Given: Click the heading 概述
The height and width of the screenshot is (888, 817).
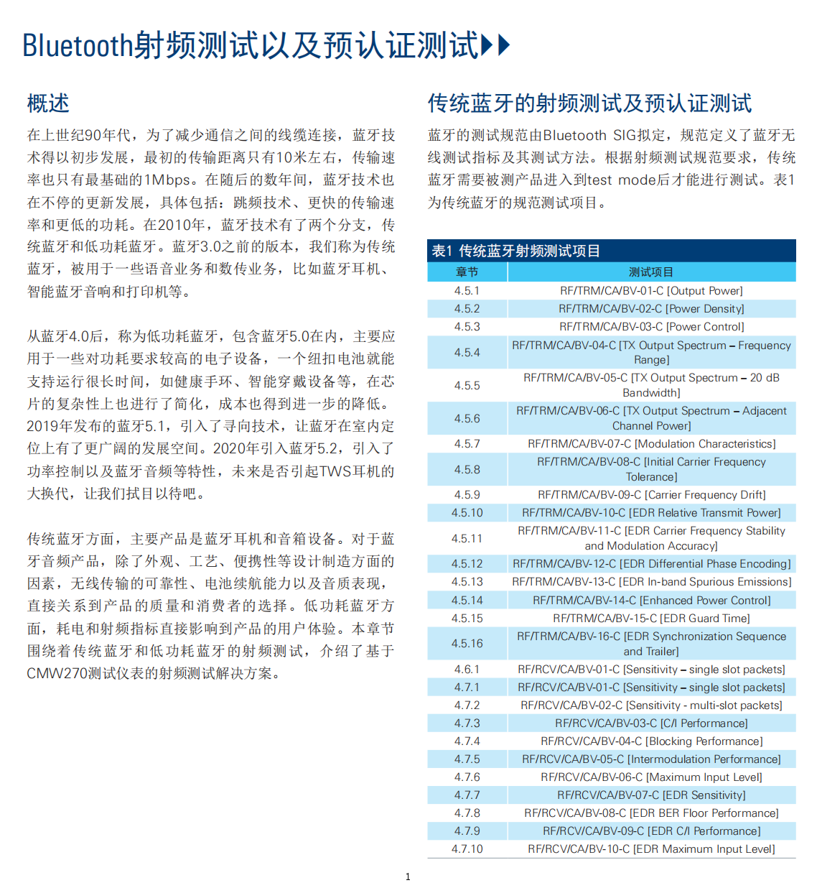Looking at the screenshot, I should (48, 103).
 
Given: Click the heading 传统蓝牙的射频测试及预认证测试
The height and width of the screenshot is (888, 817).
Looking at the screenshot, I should (589, 103).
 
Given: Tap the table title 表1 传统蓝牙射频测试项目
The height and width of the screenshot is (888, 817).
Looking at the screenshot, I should (515, 251).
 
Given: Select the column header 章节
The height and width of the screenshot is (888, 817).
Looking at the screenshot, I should (467, 272).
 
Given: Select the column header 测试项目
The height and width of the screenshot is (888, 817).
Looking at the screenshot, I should (651, 272).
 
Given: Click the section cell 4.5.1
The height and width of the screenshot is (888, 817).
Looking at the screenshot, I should (467, 291).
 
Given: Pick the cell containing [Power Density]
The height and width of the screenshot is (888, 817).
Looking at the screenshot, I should (651, 309).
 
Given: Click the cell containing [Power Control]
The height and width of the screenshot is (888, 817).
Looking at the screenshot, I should (651, 327).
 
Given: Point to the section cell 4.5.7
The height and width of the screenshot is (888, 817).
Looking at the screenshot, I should (467, 444).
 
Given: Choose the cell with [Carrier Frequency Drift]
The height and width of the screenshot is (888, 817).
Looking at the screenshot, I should (651, 495).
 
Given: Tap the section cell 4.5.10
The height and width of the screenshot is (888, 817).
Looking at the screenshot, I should (467, 513).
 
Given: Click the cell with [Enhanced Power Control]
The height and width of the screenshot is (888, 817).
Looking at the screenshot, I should (651, 601).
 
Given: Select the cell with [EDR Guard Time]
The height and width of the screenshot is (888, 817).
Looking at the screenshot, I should (651, 619).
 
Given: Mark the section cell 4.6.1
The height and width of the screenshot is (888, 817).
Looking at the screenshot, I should (467, 670).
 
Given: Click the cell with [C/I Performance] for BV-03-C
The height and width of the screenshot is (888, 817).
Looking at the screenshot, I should (651, 723).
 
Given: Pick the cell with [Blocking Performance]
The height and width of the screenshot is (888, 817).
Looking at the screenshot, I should (651, 741).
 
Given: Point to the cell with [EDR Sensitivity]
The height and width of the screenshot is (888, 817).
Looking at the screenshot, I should (651, 795).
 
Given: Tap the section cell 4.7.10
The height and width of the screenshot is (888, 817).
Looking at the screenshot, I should (467, 849).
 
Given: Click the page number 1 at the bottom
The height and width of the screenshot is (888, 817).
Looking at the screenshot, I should (408, 877).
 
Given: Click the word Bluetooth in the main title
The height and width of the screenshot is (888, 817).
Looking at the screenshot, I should (78, 45).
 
